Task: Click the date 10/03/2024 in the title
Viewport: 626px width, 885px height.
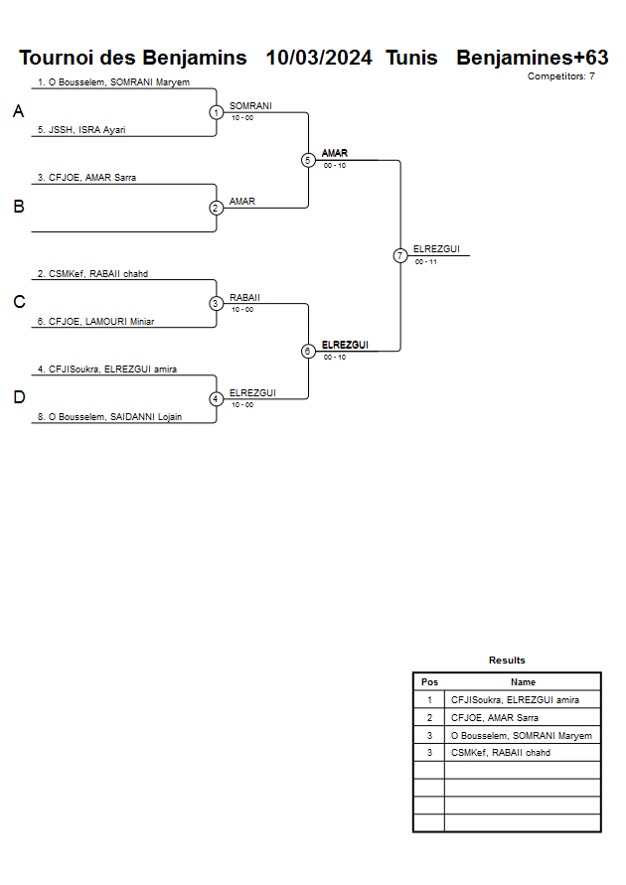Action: point(319,58)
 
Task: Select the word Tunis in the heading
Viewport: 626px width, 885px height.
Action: point(411,58)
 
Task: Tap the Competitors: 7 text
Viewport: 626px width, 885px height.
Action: point(561,76)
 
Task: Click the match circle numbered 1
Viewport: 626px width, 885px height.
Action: point(217,112)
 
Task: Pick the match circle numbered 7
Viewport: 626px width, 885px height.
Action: point(400,255)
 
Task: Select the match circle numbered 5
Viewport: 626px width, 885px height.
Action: point(308,160)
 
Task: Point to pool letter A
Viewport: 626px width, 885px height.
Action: point(18,112)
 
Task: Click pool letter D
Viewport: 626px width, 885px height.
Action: point(18,398)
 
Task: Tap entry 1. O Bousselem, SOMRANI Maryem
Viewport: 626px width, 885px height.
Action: point(113,82)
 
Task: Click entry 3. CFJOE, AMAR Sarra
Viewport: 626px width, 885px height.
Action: point(86,178)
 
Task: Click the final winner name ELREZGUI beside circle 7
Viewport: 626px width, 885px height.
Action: point(436,249)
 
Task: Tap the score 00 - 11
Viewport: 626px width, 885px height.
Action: point(426,262)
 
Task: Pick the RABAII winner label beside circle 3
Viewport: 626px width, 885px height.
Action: point(244,297)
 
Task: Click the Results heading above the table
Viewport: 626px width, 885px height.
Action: point(507,661)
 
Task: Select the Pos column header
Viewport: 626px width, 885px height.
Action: point(429,682)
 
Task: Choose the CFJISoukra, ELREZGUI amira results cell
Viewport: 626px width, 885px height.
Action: point(515,700)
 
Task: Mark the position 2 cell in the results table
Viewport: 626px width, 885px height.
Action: point(429,717)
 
